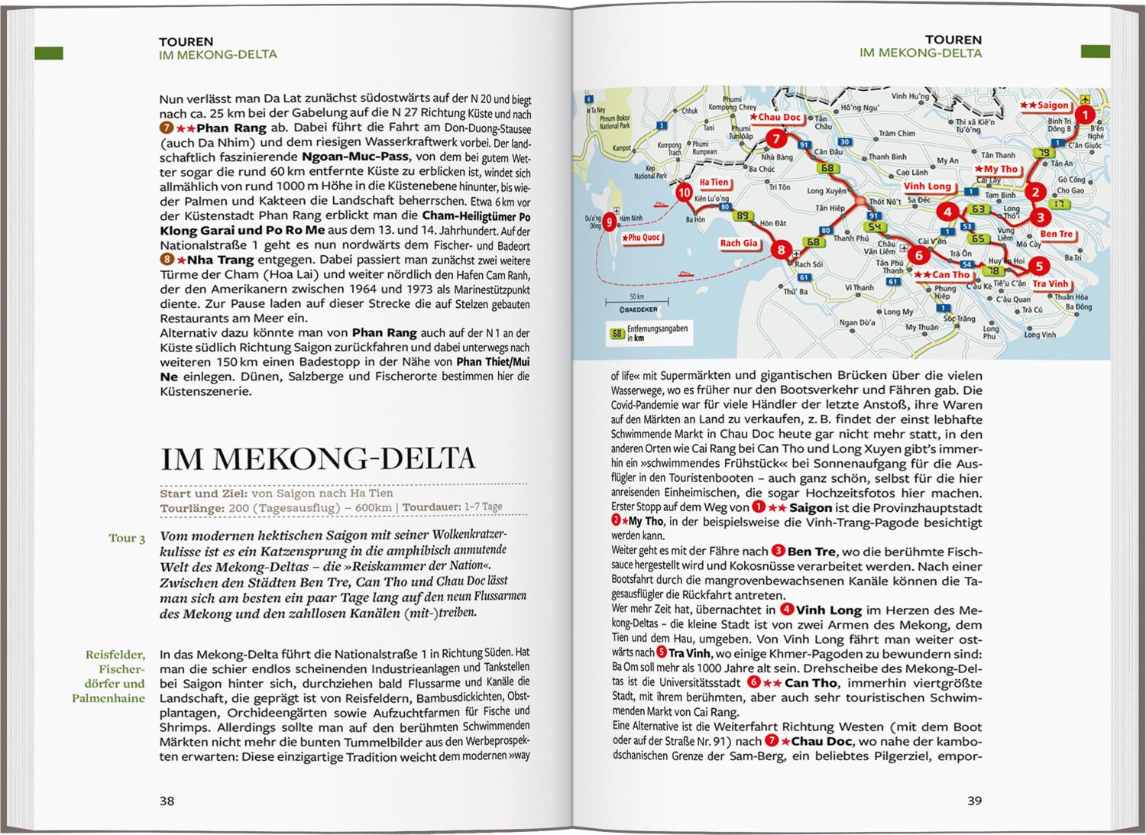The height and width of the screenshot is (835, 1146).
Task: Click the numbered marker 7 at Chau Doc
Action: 775,139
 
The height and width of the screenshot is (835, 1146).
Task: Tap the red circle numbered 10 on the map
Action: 684,193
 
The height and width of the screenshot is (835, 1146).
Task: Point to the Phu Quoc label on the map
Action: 640,238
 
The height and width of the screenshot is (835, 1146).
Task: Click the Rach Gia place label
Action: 738,244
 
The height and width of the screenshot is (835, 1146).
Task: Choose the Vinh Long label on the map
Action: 927,186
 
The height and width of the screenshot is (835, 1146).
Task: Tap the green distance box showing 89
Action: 740,216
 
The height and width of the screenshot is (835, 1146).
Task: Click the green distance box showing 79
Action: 1041,154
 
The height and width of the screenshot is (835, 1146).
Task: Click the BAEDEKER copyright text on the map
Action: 628,309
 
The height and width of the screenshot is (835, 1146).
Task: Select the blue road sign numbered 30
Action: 844,142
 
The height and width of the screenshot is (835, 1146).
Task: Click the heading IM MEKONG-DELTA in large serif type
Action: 318,458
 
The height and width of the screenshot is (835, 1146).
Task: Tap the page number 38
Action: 167,801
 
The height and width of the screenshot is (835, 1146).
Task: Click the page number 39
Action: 974,801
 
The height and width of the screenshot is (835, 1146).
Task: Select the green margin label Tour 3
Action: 127,539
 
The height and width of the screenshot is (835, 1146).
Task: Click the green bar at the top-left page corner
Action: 49,53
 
